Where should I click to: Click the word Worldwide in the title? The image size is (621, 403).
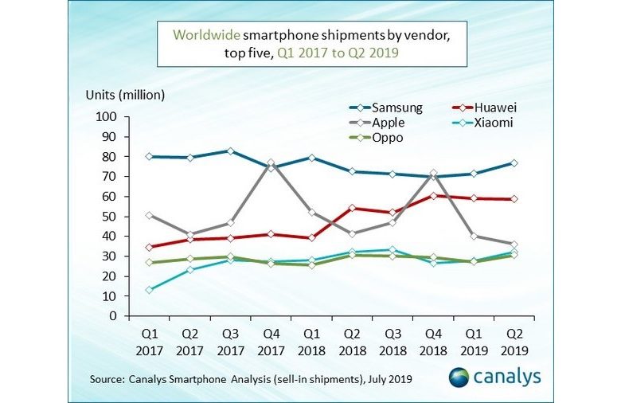206,35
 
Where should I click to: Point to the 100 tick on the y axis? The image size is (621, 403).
107,117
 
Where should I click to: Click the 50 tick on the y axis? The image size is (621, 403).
110,217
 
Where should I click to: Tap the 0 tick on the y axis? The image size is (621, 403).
114,316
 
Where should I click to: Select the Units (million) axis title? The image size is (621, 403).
125,95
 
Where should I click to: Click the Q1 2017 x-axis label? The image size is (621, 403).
149,338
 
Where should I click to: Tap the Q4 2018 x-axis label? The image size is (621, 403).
432,338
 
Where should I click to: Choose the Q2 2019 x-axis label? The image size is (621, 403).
514,338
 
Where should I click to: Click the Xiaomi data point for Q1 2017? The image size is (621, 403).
149,290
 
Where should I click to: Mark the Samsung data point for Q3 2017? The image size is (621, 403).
230,151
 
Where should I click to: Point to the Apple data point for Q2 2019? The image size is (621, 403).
514,245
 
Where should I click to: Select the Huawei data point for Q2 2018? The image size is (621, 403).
351,209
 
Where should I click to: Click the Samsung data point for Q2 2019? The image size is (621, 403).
514,163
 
